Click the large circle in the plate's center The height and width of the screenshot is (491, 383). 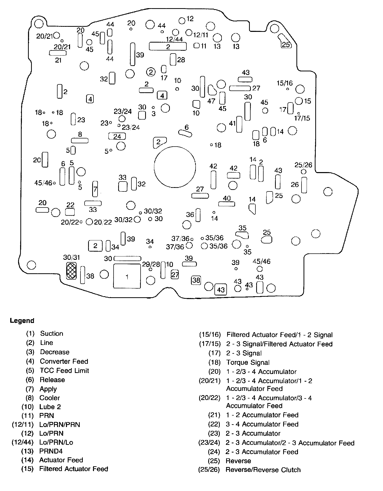coord(175,167)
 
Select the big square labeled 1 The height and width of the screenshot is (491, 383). coord(127,276)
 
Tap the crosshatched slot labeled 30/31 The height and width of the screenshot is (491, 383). coord(71,270)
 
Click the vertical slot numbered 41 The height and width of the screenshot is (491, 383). coord(239,124)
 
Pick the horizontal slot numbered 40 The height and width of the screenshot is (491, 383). coord(227,204)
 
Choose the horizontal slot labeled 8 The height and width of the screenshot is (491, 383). coord(80,140)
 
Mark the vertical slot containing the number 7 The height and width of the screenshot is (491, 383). coord(95,189)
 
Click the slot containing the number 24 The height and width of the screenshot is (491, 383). coord(117,136)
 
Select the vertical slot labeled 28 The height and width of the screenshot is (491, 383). coord(173,59)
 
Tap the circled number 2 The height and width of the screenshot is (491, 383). coord(151,72)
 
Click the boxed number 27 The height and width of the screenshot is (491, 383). coord(175,275)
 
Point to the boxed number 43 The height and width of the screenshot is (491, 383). coord(221,289)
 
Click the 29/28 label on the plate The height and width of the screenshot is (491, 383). coord(151,264)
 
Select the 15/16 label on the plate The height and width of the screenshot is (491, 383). coord(285,83)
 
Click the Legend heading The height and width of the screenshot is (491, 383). coord(22,320)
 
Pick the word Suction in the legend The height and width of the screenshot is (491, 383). coord(51,333)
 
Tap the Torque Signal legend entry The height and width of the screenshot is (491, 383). coord(248,362)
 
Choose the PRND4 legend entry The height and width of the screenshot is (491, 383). coord(51,451)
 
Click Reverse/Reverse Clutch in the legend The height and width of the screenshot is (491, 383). coord(263,470)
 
